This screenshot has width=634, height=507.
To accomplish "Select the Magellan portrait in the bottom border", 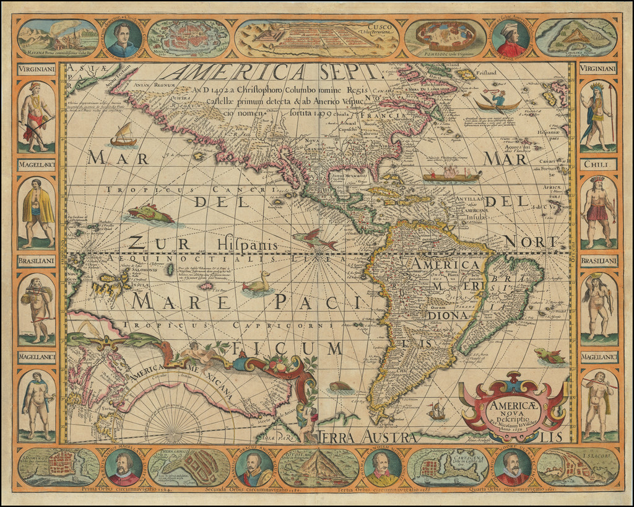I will [x=124, y=467].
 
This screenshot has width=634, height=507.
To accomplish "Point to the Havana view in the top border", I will [x=58, y=38].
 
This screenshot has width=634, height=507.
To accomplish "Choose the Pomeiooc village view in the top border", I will [x=445, y=38].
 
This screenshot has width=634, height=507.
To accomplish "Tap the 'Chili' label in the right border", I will [x=598, y=165].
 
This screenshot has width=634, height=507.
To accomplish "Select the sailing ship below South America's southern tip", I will [x=436, y=410].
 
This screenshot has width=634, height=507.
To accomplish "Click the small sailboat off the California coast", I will [x=124, y=136].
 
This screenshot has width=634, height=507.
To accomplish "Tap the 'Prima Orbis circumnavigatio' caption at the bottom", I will [x=118, y=489].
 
